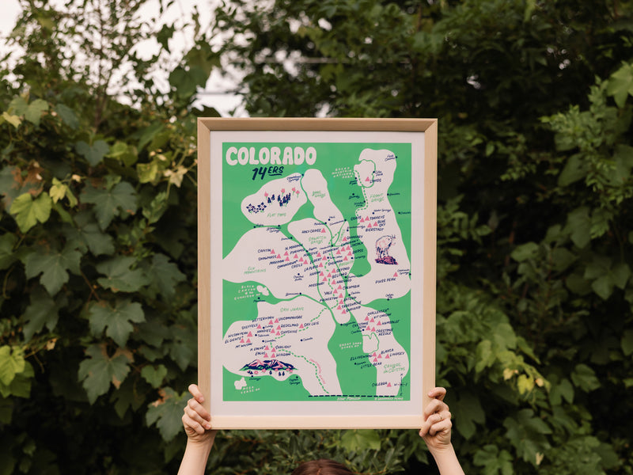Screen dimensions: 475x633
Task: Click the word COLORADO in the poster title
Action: click(x=271, y=156)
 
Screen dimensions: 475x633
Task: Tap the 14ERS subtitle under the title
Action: click(x=267, y=173)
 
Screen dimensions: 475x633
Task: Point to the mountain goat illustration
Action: click(x=385, y=249)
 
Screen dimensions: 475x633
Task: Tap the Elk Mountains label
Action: click(x=255, y=270)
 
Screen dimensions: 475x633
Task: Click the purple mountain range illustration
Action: click(x=267, y=366)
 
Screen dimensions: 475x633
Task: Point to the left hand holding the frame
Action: click(x=197, y=415)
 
